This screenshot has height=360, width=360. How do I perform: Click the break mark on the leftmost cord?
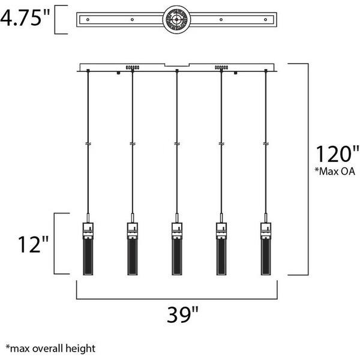coord(89,145)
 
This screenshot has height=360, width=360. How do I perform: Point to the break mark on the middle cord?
coord(177,145)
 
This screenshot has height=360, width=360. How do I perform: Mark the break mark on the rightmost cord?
coord(266,145)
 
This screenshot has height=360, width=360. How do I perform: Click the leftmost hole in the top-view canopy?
coord(89,20)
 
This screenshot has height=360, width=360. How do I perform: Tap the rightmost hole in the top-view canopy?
coord(266,20)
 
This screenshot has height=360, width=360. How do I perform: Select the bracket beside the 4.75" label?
coord(58,19)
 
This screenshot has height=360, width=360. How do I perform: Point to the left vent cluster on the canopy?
coord(132,67)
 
